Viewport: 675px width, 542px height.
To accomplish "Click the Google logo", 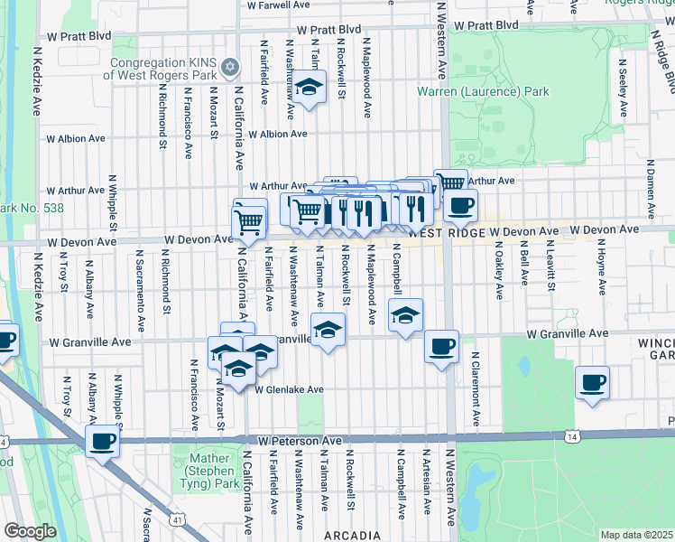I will [29, 531].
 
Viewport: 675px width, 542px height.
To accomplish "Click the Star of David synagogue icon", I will [229, 67].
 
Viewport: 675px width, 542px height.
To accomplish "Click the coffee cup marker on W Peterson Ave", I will [103, 442].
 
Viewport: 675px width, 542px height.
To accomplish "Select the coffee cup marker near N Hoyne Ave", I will [592, 381].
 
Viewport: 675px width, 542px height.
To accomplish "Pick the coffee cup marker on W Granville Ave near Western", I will [441, 346].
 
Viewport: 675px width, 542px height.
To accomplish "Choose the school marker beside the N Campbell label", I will [405, 315].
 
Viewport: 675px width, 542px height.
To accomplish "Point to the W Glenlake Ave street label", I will [289, 390].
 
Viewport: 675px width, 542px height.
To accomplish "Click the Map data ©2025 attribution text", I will [636, 535].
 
